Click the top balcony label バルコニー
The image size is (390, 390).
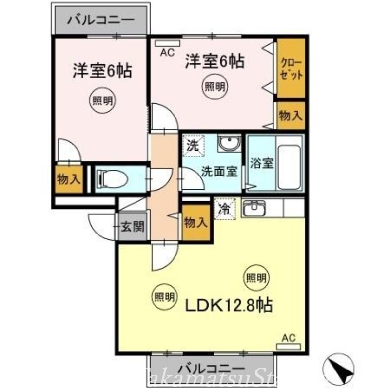click(x=100, y=21)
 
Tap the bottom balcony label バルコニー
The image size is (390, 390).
click(x=211, y=367)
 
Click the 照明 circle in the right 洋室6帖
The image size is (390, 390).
click(x=214, y=88)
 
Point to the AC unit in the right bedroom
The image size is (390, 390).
click(x=164, y=42)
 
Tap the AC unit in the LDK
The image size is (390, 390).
click(x=289, y=346)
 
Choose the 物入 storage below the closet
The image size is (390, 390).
click(x=291, y=116)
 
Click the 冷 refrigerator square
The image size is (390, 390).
click(x=225, y=209)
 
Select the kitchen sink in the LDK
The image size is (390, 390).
click(x=254, y=208)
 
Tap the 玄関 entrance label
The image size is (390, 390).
click(x=132, y=227)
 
